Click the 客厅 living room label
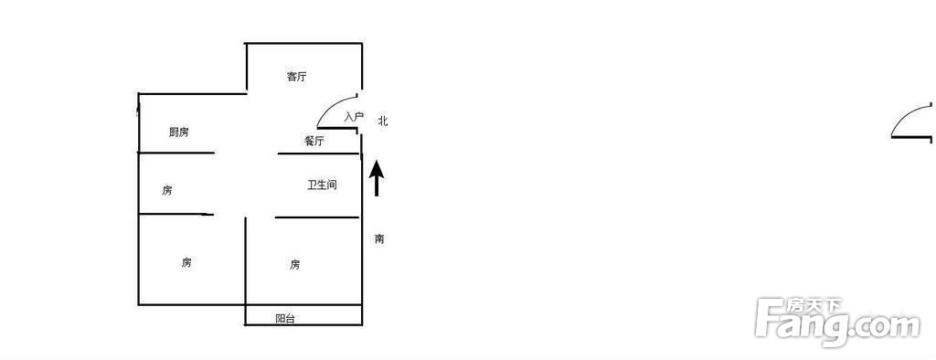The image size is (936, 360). pos(297,77)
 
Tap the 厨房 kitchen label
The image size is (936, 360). pos(179,132)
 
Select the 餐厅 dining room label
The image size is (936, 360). pos(314,141)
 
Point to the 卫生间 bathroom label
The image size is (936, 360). pos(323,185)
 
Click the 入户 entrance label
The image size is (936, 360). pos(354,116)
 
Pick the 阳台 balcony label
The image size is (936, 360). pos(285,319)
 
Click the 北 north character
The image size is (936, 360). pos(383,121)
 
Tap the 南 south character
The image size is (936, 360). pos(379,238)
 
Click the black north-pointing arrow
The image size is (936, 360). pos(376,178)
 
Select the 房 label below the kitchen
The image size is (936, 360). pos(167,190)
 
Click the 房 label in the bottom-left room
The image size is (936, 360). pos(186,262)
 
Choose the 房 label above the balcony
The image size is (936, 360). pos(295,264)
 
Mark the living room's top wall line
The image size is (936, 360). pos(303,43)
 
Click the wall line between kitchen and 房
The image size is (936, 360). pos(176,153)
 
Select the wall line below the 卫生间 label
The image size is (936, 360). pos(317,217)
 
